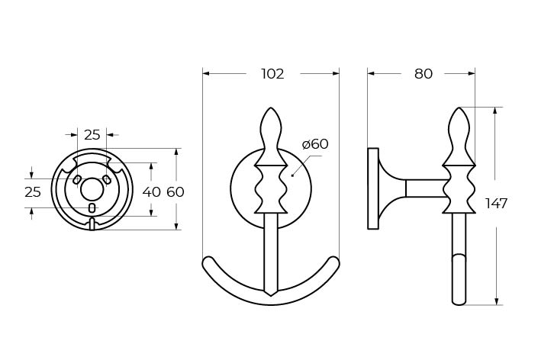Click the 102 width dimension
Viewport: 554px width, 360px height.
(x=272, y=74)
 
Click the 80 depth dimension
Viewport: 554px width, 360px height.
(x=424, y=74)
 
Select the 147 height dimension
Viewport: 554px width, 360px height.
(x=497, y=204)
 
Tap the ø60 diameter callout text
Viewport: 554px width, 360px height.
(x=315, y=144)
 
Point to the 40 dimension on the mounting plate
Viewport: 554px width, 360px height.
(x=152, y=192)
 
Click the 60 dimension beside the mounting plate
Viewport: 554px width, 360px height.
(x=176, y=192)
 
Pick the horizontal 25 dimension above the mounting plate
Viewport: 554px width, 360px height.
(x=92, y=134)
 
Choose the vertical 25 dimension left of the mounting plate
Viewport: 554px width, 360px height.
(x=33, y=192)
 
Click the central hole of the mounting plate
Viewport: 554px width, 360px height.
(x=92, y=189)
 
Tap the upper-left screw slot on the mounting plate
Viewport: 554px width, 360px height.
(x=76, y=179)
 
